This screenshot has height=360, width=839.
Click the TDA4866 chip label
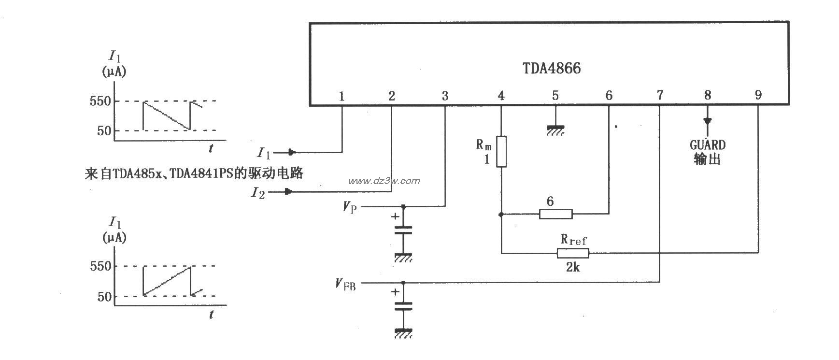click(x=552, y=69)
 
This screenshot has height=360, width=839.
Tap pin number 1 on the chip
click(x=341, y=96)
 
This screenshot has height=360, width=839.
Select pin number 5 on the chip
click(x=555, y=96)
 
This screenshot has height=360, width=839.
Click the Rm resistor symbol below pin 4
click(x=501, y=152)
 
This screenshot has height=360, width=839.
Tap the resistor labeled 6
click(x=555, y=214)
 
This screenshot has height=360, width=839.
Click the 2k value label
click(x=572, y=267)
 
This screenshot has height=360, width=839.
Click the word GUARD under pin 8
click(x=707, y=145)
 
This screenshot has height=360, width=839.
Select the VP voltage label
click(x=350, y=207)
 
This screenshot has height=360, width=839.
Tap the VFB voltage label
click(x=346, y=284)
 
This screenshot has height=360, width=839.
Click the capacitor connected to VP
click(x=404, y=230)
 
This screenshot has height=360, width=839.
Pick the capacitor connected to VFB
click(x=404, y=306)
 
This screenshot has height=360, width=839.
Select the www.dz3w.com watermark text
click(x=384, y=181)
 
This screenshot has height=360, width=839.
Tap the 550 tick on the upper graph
click(x=100, y=101)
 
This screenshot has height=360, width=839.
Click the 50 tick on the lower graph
click(x=104, y=296)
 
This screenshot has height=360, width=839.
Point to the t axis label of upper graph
click(x=211, y=149)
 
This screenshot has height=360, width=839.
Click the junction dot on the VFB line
click(x=404, y=283)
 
